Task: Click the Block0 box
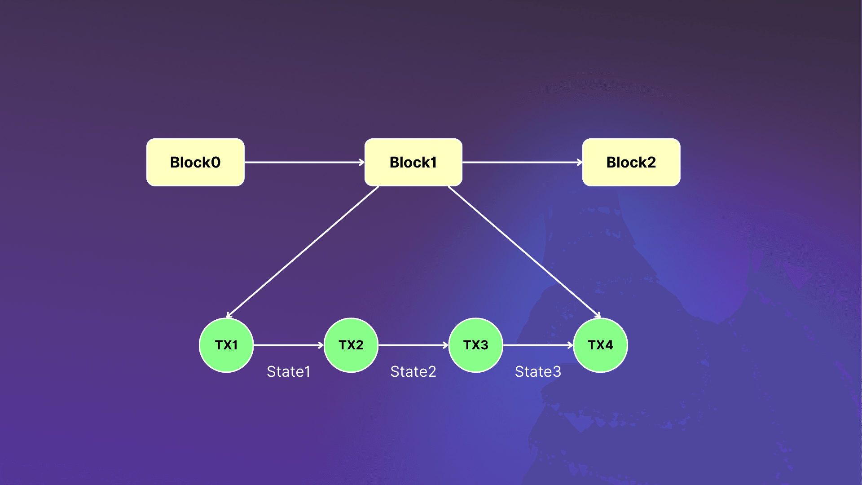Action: pos(195,162)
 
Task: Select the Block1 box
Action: pos(413,162)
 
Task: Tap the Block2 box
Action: pos(631,162)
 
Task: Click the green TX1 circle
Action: pos(226,345)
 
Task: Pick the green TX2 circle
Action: pos(351,345)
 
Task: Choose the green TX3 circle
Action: pos(476,345)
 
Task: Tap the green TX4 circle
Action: pos(601,345)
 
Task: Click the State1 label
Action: pos(288,371)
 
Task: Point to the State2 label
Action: pos(413,371)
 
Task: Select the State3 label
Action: pos(538,371)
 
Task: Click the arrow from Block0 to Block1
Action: pos(304,162)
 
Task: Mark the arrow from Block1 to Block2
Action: pos(523,162)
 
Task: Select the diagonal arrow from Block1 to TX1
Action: pos(303,252)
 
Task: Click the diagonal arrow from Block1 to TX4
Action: pos(524,252)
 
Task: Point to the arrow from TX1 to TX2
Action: pos(289,345)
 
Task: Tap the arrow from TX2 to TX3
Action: pos(413,345)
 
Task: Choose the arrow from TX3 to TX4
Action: pos(538,345)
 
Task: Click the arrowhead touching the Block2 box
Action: pos(580,162)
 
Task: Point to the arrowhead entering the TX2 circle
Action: pos(321,345)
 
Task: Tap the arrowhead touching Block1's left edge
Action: pos(362,162)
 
